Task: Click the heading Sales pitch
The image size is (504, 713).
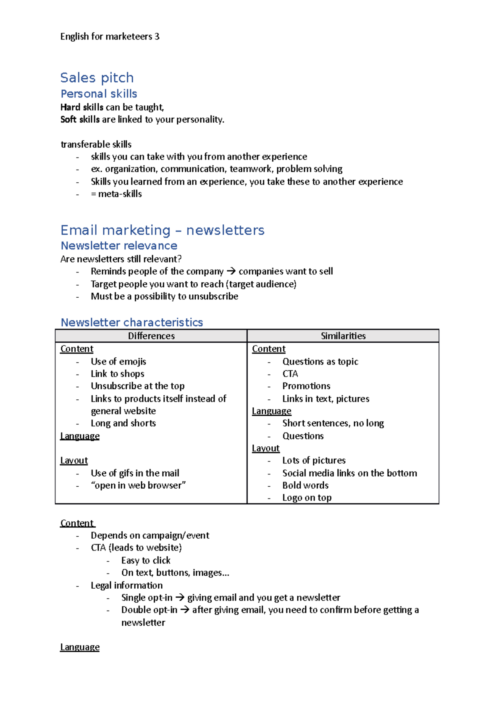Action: (97, 78)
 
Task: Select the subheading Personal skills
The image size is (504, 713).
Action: (99, 94)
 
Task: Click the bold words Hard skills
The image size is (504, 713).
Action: (81, 107)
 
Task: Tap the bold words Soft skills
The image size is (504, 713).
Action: (80, 120)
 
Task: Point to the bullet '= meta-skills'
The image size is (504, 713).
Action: (116, 194)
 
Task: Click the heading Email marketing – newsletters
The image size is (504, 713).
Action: (162, 230)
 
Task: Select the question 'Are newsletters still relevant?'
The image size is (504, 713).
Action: (121, 259)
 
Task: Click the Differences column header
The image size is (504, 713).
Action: (151, 336)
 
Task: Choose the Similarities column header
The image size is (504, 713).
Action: (343, 336)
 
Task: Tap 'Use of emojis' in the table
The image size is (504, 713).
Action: (118, 362)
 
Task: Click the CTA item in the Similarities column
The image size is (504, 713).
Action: (290, 374)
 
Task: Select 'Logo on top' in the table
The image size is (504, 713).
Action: (307, 498)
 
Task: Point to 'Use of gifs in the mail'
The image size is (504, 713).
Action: (135, 473)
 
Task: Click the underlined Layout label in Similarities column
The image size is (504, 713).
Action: (265, 448)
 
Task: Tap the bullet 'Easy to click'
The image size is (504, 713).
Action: (146, 561)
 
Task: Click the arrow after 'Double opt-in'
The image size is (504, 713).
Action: (184, 610)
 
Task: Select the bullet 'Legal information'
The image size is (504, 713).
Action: (126, 585)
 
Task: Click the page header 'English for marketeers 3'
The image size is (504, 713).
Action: (110, 37)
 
